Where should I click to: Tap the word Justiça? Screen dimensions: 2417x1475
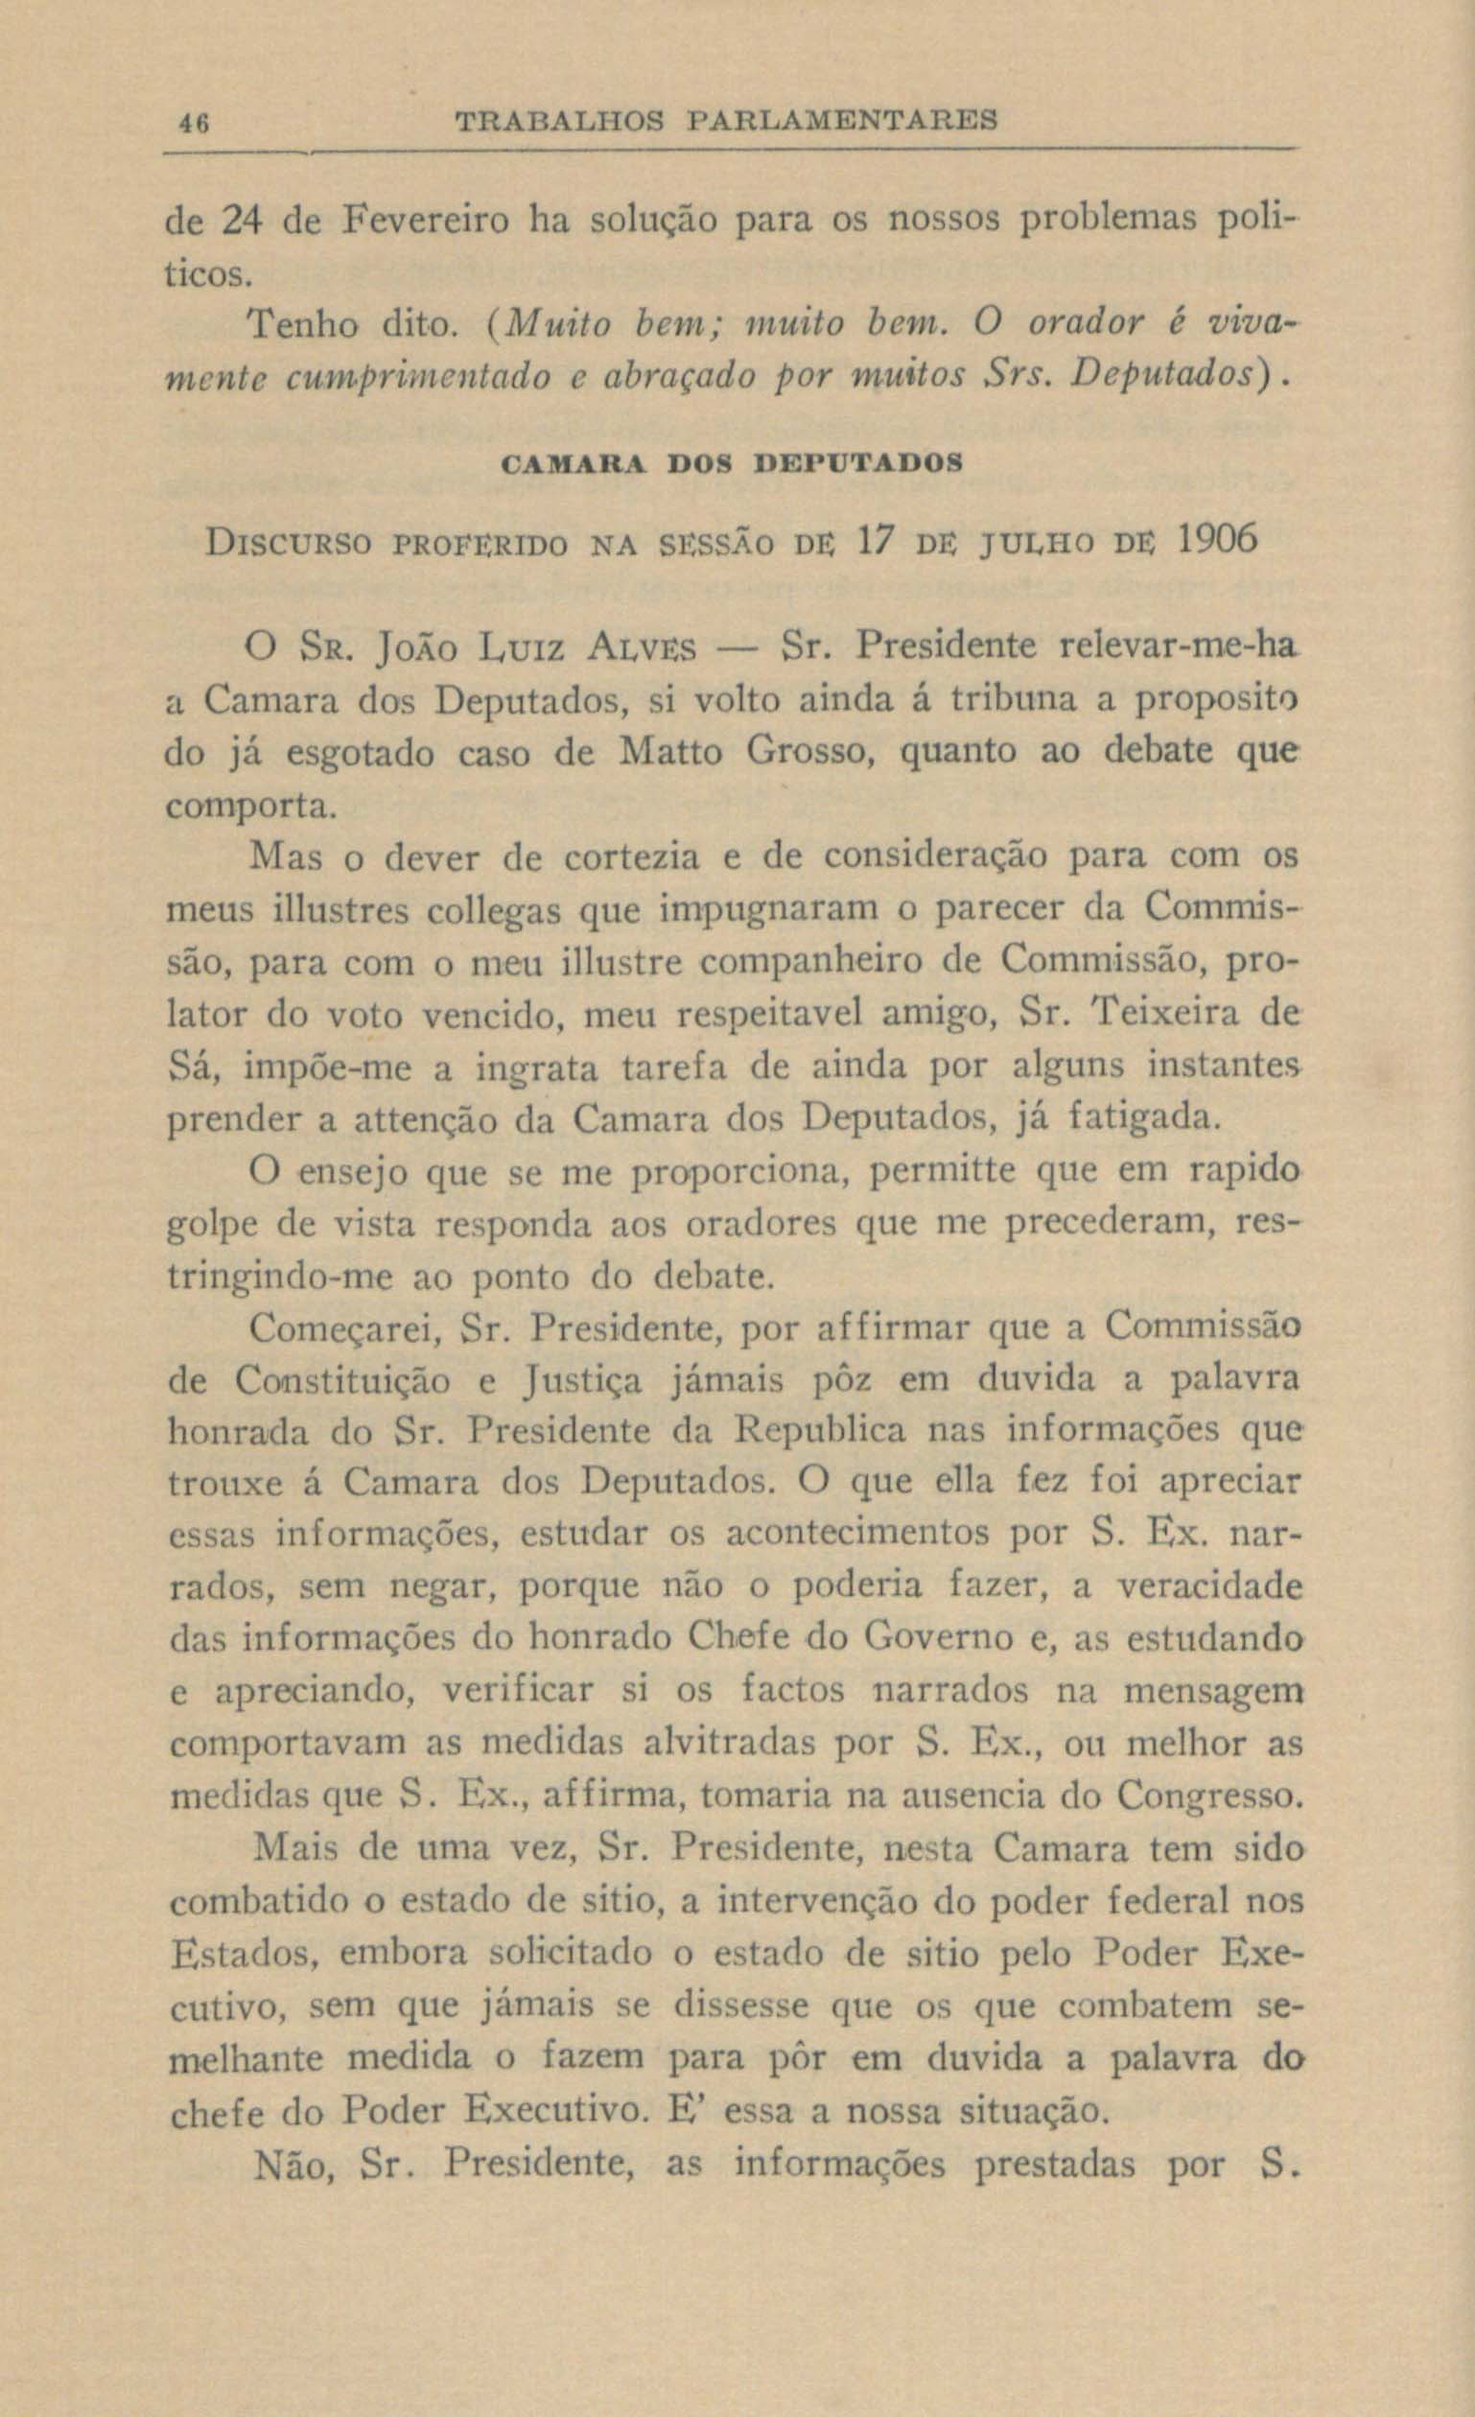tap(583, 1382)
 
